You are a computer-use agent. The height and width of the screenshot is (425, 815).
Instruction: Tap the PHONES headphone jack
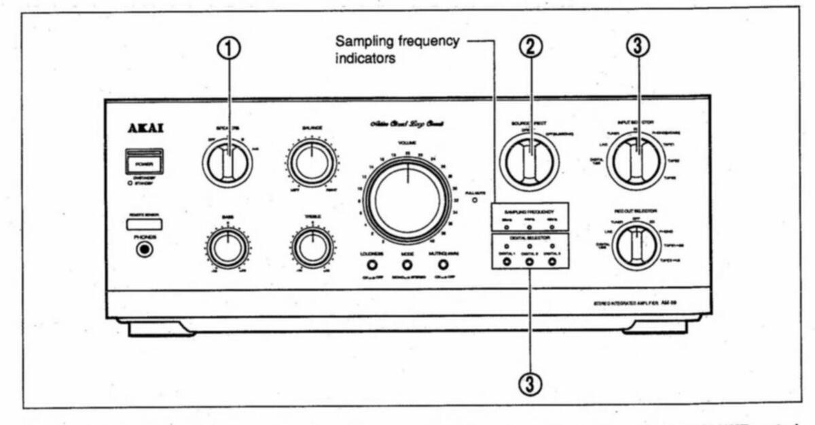[x=144, y=249]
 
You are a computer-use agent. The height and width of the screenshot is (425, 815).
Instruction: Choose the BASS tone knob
[x=228, y=249]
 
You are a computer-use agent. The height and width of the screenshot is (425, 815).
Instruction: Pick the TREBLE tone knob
[x=312, y=249]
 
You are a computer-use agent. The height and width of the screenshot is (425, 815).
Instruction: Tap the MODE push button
[x=407, y=265]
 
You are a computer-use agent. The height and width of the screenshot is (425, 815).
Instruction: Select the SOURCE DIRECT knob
[x=529, y=163]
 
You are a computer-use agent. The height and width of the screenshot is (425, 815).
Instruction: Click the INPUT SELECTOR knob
[x=636, y=162]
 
